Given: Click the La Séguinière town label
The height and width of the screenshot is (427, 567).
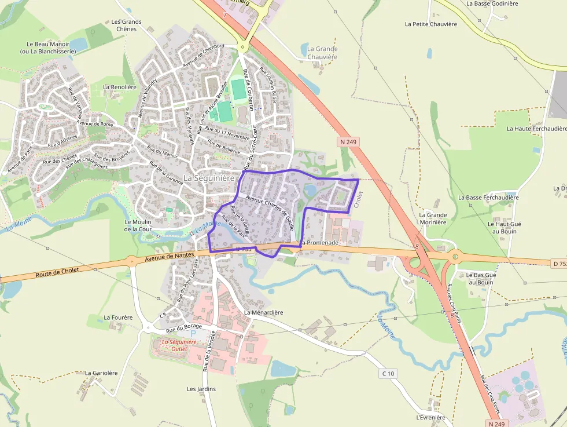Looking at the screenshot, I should pos(209,178).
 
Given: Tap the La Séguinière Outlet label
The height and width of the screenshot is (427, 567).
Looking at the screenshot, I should pos(179,345).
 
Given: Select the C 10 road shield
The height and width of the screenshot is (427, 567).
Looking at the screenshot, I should pos(388,374).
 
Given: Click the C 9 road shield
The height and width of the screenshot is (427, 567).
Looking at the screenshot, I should pos(163,315).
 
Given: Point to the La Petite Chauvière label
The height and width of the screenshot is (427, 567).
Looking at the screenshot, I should pos(431,24).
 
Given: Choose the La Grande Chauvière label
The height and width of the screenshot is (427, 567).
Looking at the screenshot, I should pos(322,53).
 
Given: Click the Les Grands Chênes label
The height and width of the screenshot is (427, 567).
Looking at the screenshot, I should pos(126,25).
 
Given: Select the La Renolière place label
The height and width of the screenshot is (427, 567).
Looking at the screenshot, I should pos(120,87).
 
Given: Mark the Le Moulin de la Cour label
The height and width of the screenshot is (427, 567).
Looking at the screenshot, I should pos(138,225).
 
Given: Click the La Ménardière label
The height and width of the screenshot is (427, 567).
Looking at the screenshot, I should pos(263,312).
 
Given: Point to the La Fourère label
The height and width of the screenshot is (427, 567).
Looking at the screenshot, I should pos(118,317).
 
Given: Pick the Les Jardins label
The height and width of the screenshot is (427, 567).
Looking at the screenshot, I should pos(201,389).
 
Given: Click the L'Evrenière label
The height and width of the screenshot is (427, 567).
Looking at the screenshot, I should pos(430,417).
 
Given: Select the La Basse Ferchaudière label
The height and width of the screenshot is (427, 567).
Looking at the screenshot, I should pos(488,198).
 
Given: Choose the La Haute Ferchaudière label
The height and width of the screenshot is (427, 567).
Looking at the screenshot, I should pos(535,129).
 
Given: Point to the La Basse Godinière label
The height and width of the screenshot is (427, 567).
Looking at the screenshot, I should pos(492,3).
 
